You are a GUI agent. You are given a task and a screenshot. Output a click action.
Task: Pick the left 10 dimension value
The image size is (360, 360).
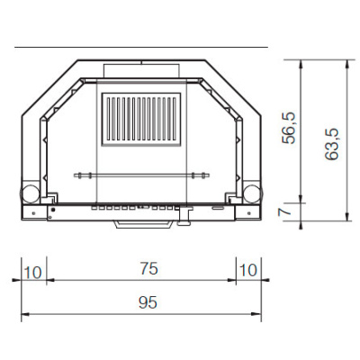[x=33, y=269]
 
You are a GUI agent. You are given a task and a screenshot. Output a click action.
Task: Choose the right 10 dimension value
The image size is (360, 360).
[x=249, y=269]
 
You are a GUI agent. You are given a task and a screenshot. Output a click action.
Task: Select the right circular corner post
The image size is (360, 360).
[x=252, y=193]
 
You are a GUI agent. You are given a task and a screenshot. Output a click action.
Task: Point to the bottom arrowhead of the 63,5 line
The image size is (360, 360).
[x=346, y=217]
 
